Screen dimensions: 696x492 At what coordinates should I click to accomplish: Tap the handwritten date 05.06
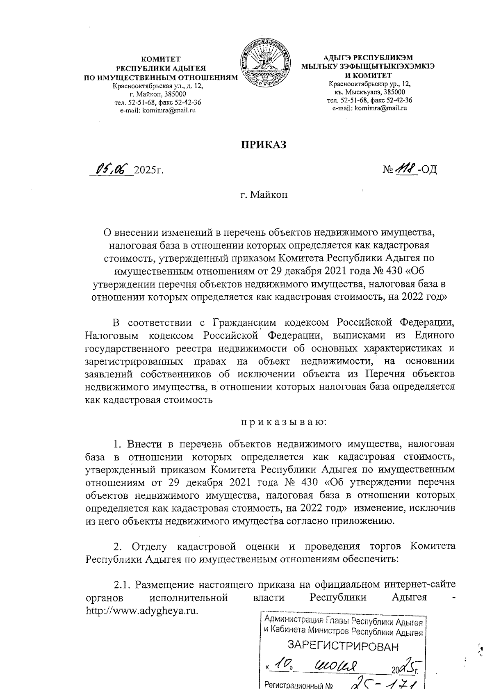[112, 169]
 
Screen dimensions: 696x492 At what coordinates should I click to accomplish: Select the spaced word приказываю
[283, 421]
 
